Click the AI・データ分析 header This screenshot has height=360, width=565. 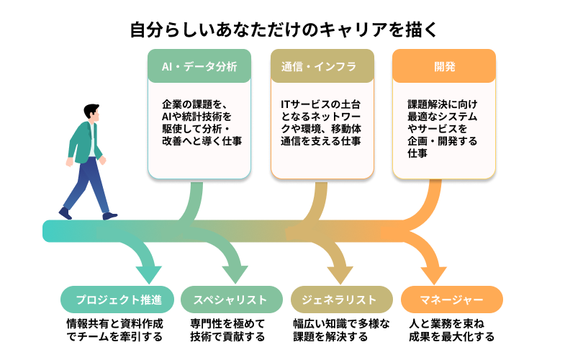(199, 67)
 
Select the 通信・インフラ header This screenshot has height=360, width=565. (322, 67)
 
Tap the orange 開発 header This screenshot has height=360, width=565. (444, 67)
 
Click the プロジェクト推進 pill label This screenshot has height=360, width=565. (117, 300)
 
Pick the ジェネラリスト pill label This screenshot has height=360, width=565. (342, 300)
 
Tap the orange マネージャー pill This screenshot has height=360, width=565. (451, 300)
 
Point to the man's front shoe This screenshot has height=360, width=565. (109, 215)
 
